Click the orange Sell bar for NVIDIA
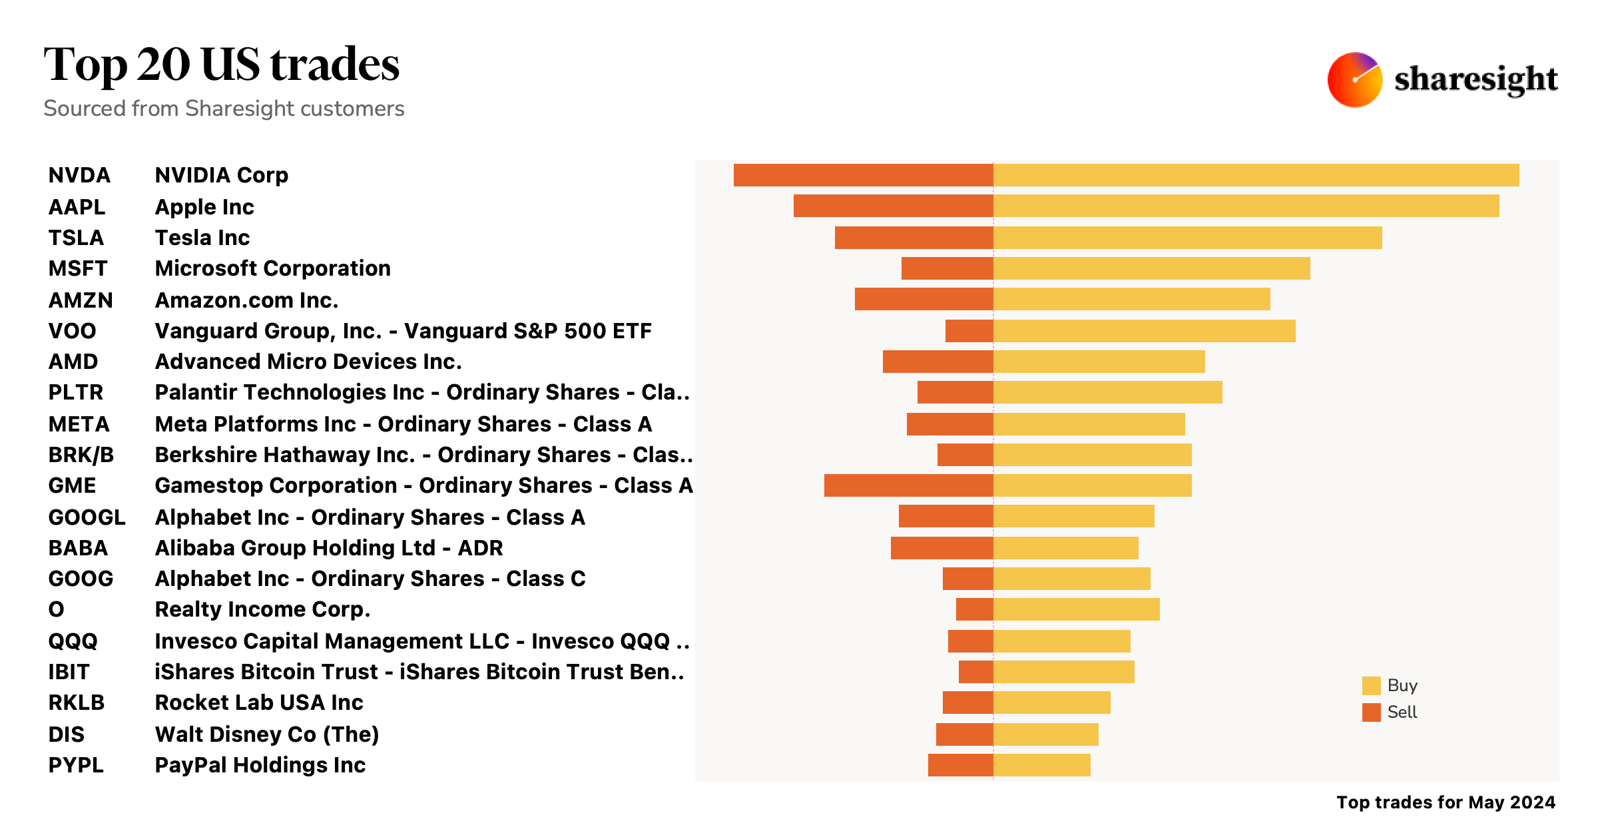coord(863,175)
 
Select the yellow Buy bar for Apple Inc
coord(1245,206)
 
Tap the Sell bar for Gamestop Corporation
coord(908,485)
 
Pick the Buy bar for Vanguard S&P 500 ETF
coord(1144,331)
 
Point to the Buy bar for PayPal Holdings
coord(1041,765)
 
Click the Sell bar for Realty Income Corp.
coord(974,609)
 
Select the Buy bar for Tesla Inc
coord(1187,238)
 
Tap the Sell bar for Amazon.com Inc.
coord(924,300)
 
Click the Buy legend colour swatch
coord(1371,686)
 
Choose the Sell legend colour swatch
coord(1371,712)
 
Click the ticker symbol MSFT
coord(77,268)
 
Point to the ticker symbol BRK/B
coord(81,455)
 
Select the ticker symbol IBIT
coord(69,672)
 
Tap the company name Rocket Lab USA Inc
coord(259,702)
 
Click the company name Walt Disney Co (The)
coord(266,734)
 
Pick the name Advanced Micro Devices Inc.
coord(308,362)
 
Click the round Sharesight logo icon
coord(1354,80)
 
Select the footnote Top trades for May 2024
coord(1446,802)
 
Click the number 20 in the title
coord(164,65)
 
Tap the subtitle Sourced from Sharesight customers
coord(224,109)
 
